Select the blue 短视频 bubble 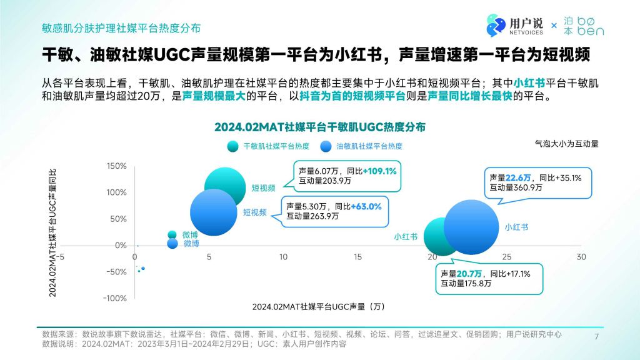(x=214, y=212)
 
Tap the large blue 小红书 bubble (x=471, y=227)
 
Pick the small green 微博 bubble (x=172, y=234)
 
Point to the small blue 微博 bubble (x=172, y=243)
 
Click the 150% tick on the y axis (x=117, y=166)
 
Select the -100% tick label (x=115, y=298)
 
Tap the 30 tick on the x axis (x=581, y=257)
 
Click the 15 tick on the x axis (x=357, y=257)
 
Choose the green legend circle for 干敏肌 (x=232, y=146)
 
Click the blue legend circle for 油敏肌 (x=326, y=146)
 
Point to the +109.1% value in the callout (x=379, y=171)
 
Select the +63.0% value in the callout (x=366, y=206)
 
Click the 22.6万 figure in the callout (x=518, y=178)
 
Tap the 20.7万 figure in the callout (x=469, y=274)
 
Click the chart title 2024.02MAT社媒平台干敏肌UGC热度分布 (x=320, y=127)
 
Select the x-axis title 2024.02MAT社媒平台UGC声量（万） (x=319, y=306)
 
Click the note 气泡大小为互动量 (x=566, y=144)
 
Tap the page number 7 (x=596, y=336)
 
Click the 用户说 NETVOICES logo (x=515, y=26)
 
